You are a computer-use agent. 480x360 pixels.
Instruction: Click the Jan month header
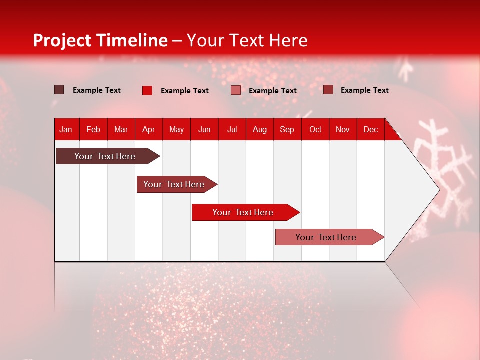66,129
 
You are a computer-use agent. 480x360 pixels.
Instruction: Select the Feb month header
93,129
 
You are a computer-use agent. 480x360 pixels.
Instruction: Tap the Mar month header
121,129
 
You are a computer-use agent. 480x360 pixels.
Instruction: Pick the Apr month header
148,129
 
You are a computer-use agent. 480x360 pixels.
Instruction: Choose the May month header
176,129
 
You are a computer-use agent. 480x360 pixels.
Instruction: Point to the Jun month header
204,129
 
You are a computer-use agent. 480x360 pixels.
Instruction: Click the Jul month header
232,129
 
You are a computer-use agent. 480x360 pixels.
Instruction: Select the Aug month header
259,129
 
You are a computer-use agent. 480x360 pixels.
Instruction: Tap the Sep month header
287,129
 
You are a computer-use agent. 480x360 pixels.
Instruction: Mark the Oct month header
315,129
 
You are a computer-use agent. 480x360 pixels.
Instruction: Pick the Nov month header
343,129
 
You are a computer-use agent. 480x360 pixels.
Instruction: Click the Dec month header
370,129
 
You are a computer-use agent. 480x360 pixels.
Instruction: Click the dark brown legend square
59,90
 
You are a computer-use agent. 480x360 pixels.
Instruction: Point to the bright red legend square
147,90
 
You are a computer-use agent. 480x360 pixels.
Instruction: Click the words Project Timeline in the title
100,40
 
